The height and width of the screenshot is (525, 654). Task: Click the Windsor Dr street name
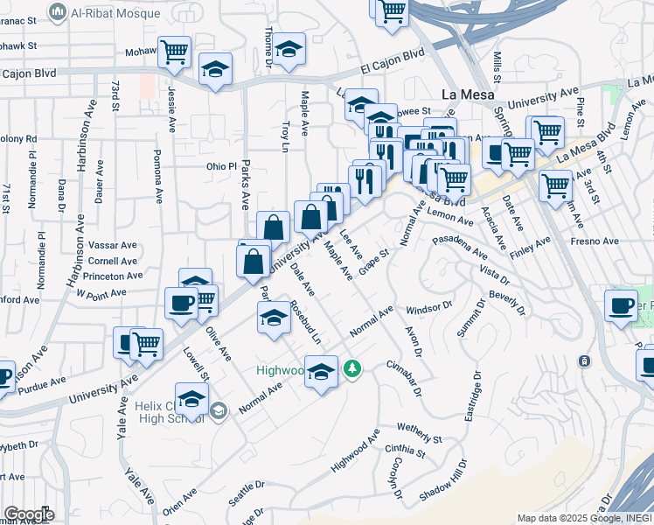[x=428, y=308]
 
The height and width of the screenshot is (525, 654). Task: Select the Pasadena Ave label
[x=460, y=245]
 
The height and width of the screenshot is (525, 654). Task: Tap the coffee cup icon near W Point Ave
[x=181, y=303]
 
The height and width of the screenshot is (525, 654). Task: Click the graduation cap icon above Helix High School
[x=191, y=399]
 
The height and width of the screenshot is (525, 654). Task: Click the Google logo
[x=29, y=514]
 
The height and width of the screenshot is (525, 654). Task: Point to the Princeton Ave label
[x=109, y=276]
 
